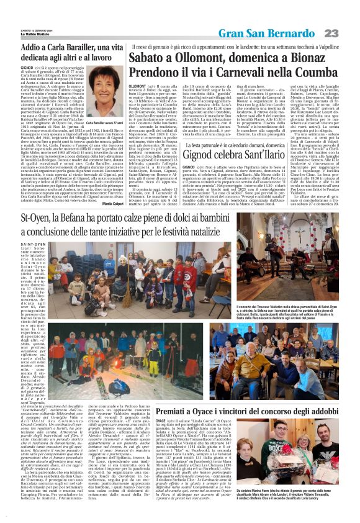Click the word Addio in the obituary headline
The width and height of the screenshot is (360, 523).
tap(35, 48)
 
